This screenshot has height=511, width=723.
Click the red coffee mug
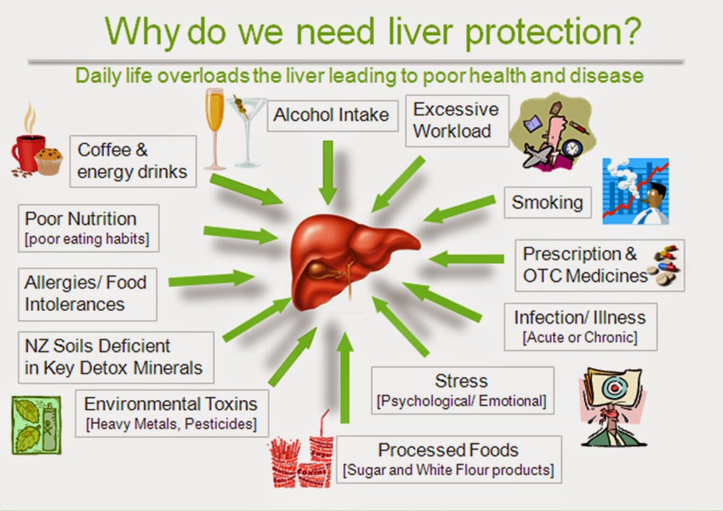pyautogui.click(x=27, y=152)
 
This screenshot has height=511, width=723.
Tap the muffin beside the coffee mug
pyautogui.click(x=48, y=161)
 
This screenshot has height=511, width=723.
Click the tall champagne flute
pyautogui.click(x=214, y=129)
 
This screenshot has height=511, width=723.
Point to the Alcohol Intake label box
pyautogui.click(x=333, y=116)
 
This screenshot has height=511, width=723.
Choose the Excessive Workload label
pyautogui.click(x=457, y=121)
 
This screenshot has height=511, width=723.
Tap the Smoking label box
pyautogui.click(x=548, y=202)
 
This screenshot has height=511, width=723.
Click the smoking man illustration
pyautogui.click(x=636, y=192)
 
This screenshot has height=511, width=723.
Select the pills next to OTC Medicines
pyautogui.click(x=665, y=265)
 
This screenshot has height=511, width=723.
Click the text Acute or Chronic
pyautogui.click(x=580, y=338)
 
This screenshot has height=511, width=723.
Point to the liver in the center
pyautogui.click(x=353, y=260)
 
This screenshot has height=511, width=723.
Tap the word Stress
pyautogui.click(x=461, y=381)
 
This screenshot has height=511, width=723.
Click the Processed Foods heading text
pyautogui.click(x=448, y=450)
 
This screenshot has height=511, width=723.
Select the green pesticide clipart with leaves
pyautogui.click(x=37, y=425)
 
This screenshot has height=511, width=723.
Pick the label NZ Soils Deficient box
pyautogui.click(x=117, y=357)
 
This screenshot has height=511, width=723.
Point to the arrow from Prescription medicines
pyautogui.click(x=467, y=259)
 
